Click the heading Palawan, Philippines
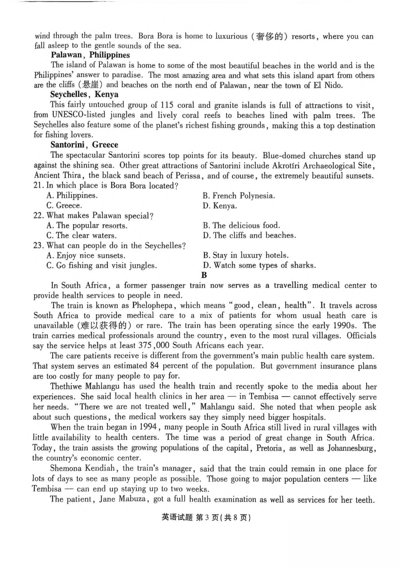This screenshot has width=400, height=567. click(x=90, y=55)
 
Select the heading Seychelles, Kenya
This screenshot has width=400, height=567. click(x=84, y=95)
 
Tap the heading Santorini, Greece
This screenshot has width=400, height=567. click(x=84, y=145)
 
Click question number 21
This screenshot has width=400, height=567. click(x=38, y=185)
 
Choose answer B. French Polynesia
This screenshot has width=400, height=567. click(x=238, y=196)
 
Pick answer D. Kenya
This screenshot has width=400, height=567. click(x=219, y=206)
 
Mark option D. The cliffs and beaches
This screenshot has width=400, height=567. click(x=249, y=236)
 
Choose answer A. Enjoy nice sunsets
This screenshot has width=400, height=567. click(x=85, y=255)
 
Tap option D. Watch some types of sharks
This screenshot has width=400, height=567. click(x=259, y=266)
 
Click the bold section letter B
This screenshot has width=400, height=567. click(x=204, y=275)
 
